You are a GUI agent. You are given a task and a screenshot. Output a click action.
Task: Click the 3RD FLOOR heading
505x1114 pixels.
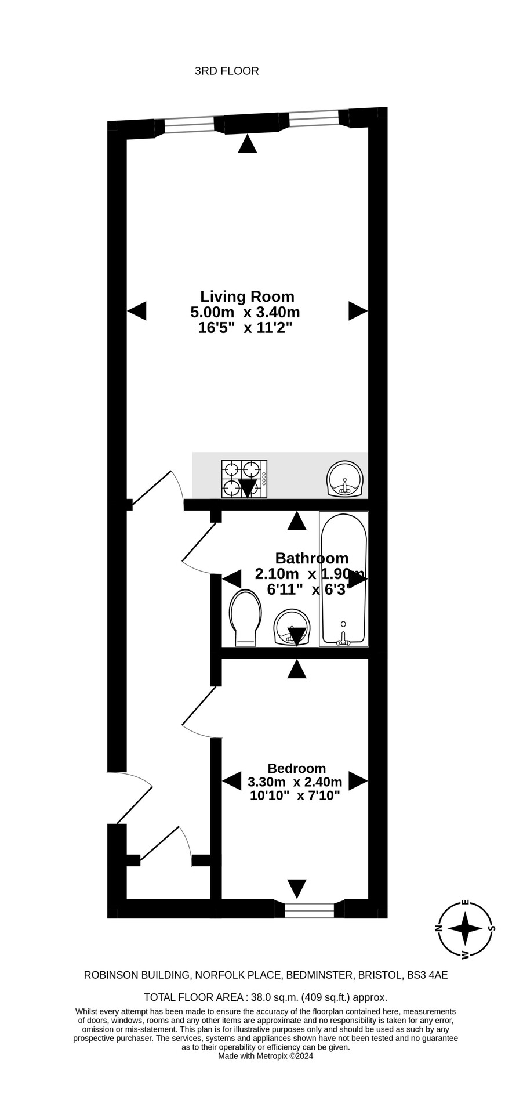[227, 71]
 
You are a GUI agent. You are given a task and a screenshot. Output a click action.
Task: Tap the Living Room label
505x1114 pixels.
[247, 296]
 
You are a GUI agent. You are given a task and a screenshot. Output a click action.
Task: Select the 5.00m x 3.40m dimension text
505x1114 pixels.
[245, 312]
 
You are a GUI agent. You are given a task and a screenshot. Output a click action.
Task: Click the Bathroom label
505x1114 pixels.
[312, 558]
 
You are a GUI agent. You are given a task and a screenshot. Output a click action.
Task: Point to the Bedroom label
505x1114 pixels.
[297, 768]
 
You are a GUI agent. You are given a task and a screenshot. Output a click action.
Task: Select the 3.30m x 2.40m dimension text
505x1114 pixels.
[295, 782]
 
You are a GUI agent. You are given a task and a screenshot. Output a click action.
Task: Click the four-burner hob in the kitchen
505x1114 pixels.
[244, 479]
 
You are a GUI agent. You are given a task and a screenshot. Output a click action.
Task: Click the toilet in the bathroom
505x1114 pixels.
[245, 619]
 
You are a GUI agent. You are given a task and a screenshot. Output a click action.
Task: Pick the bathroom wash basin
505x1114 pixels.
[292, 627]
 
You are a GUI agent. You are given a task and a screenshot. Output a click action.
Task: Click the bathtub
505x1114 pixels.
[344, 579]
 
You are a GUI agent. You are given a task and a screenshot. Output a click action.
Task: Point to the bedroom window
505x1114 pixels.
[310, 910]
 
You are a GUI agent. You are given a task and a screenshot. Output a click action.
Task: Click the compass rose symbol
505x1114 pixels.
[465, 929]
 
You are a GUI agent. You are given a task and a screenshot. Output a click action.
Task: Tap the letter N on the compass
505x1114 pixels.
[439, 928]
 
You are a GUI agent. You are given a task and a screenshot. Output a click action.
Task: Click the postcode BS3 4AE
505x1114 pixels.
[427, 975]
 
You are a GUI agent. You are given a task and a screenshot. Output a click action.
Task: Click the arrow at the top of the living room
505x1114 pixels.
[248, 144]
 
